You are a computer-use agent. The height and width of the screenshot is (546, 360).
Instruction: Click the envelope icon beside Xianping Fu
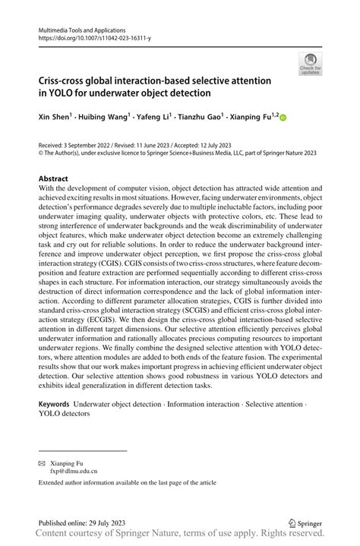coord(43,462)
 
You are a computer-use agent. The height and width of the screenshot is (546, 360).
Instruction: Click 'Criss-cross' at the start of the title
coord(66,80)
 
